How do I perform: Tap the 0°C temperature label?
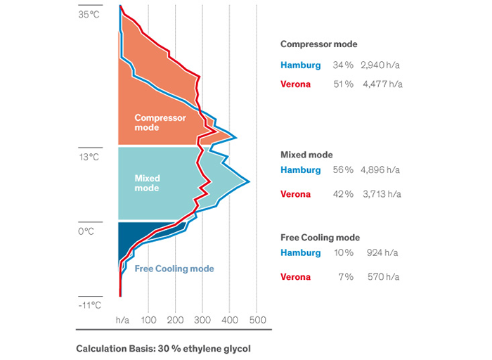86,230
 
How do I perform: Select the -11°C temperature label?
89,305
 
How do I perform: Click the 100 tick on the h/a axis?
148,320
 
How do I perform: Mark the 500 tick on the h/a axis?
257,320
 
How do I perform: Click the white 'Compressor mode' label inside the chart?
160,122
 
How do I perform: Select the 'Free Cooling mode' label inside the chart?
174,269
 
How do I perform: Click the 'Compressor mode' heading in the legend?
318,44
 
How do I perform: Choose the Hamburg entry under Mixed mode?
300,170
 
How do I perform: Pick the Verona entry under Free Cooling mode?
295,277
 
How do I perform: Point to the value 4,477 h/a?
382,84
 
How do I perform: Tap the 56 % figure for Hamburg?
344,170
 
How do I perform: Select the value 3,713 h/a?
380,194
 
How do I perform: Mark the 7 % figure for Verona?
345,277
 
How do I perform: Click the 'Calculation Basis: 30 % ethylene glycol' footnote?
163,348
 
